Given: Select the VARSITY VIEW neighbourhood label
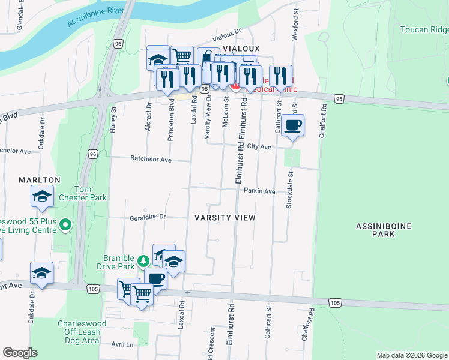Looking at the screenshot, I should pyautogui.click(x=225, y=218).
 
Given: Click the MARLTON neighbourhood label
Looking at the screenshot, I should pyautogui.click(x=40, y=179).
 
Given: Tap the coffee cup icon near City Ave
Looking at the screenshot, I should pyautogui.click(x=292, y=125).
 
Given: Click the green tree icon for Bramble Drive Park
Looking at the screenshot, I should pyautogui.click(x=143, y=261).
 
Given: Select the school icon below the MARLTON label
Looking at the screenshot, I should pyautogui.click(x=42, y=196).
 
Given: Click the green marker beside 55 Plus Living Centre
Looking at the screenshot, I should pyautogui.click(x=65, y=226).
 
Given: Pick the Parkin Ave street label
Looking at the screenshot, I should pyautogui.click(x=259, y=191).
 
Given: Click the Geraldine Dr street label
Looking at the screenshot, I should pyautogui.click(x=147, y=217).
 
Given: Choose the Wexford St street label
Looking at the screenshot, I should pyautogui.click(x=295, y=24).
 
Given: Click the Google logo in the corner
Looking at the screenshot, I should pyautogui.click(x=20, y=353).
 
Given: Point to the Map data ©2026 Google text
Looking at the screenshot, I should pyautogui.click(x=412, y=355).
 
